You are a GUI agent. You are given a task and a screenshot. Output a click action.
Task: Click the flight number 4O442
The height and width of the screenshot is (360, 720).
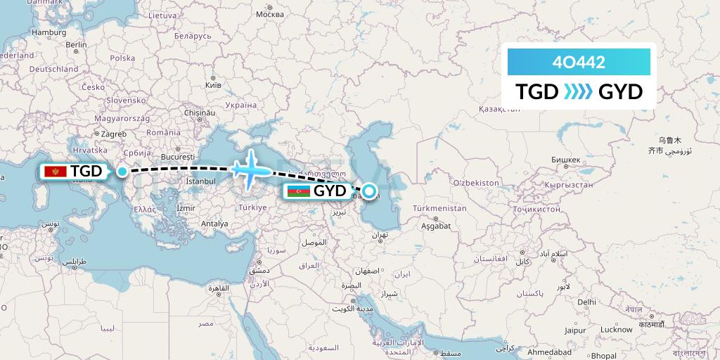coord(579,62)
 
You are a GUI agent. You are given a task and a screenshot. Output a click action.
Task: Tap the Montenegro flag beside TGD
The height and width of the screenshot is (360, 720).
coord(55,172)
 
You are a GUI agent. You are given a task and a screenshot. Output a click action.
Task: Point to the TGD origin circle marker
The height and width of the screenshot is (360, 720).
coord(122,171)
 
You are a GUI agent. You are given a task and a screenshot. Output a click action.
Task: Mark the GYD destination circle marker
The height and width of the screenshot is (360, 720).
coord(368,191)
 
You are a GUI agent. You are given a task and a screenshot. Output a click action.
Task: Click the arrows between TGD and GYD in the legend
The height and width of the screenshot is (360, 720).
coord(579,92)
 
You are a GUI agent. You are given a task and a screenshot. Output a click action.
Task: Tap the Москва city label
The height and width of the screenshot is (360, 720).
coord(269,14)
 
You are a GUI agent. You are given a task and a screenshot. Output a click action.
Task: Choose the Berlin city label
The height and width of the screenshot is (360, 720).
coord(76,44)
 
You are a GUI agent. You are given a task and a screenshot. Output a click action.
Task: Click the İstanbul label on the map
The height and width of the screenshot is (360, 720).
coord(200,181)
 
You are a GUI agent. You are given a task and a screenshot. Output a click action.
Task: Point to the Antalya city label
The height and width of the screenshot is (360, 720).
coord(214,224)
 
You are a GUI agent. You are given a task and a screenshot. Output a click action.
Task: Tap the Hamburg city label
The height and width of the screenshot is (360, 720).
coord(49,32)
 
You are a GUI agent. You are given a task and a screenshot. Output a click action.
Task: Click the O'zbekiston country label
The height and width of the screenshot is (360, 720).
coord(475,183)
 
